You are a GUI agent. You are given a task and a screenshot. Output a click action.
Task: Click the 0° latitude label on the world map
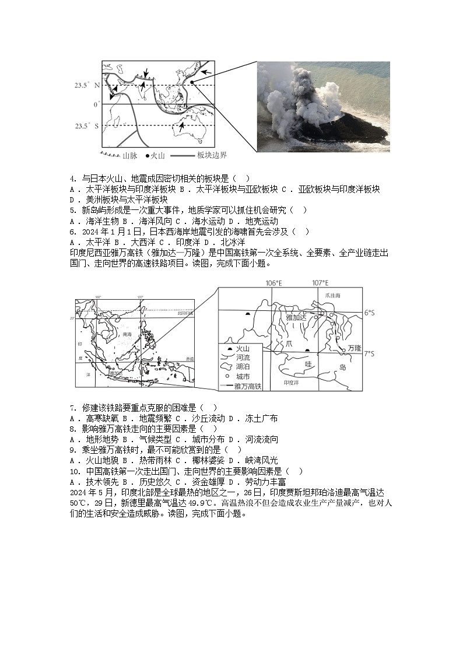pyautogui.click(x=97, y=104)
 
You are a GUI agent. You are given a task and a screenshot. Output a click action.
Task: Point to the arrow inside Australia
pyautogui.click(x=183, y=125)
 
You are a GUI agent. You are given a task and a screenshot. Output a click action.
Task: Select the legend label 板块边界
pyautogui.click(x=212, y=156)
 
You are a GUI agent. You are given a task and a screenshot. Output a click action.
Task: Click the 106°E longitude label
pyautogui.click(x=273, y=283)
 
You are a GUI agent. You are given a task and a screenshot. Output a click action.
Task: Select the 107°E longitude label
pyautogui.click(x=320, y=283)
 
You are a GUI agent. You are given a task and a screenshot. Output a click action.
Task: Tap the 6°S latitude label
pyautogui.click(x=369, y=313)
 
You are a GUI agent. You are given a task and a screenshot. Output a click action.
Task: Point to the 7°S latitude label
pyautogui.click(x=369, y=353)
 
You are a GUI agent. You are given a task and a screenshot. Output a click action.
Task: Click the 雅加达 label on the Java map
pyautogui.click(x=296, y=317)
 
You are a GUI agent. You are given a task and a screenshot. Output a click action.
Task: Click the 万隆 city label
pyautogui.click(x=354, y=348)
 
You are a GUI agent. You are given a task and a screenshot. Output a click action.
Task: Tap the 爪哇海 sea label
pyautogui.click(x=330, y=296)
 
